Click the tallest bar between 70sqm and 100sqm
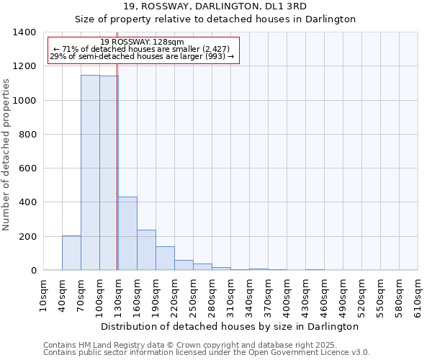90,173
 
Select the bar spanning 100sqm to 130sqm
109,173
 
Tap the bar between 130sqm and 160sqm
127,233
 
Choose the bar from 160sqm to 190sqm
146,250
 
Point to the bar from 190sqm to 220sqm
165,258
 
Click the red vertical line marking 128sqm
117,180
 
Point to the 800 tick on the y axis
27,135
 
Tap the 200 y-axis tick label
27,237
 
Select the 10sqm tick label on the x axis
44,296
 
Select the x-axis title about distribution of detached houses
230,326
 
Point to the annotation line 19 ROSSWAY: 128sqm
142,42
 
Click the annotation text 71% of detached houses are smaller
142,49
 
